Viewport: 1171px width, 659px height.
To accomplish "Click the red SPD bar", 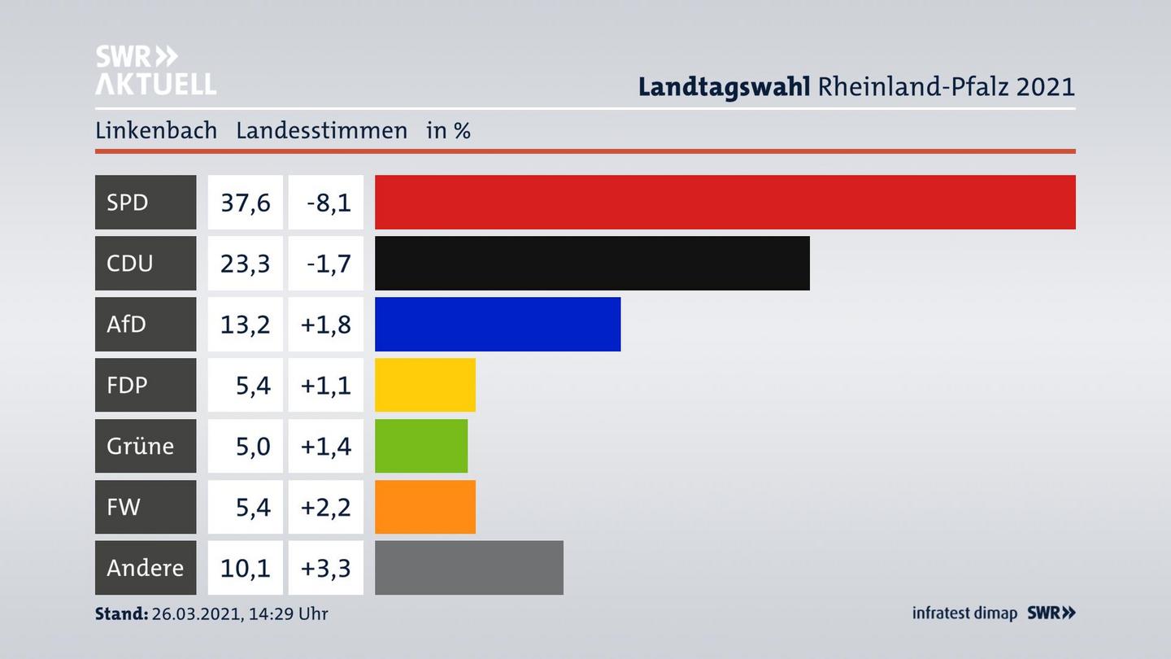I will click(725, 202).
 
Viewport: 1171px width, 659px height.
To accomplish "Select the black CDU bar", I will click(592, 263).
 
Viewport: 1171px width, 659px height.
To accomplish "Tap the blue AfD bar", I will click(498, 324).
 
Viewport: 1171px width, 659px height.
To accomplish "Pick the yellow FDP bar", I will click(425, 385).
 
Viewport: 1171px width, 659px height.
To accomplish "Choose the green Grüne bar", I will click(421, 446).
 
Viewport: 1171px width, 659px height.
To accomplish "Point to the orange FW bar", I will click(425, 507).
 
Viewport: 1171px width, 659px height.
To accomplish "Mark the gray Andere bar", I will click(469, 568).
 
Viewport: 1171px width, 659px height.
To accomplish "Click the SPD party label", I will click(128, 202).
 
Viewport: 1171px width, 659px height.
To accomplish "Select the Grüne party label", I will click(140, 446).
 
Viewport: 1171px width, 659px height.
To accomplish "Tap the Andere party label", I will click(145, 568).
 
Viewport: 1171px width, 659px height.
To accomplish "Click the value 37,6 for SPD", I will click(245, 203).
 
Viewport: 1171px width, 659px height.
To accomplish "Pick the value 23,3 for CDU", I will click(245, 264).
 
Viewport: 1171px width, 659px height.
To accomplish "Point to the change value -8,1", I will click(329, 203).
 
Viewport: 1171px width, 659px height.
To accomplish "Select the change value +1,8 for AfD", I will click(325, 325).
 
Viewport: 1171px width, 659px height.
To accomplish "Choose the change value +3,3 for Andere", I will click(325, 568).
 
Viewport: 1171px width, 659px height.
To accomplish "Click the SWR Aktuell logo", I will click(155, 70).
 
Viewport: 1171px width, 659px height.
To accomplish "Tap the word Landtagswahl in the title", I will click(724, 86).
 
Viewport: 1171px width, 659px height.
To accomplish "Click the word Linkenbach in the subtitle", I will click(156, 130).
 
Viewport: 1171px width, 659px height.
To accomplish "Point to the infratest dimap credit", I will click(964, 613).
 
